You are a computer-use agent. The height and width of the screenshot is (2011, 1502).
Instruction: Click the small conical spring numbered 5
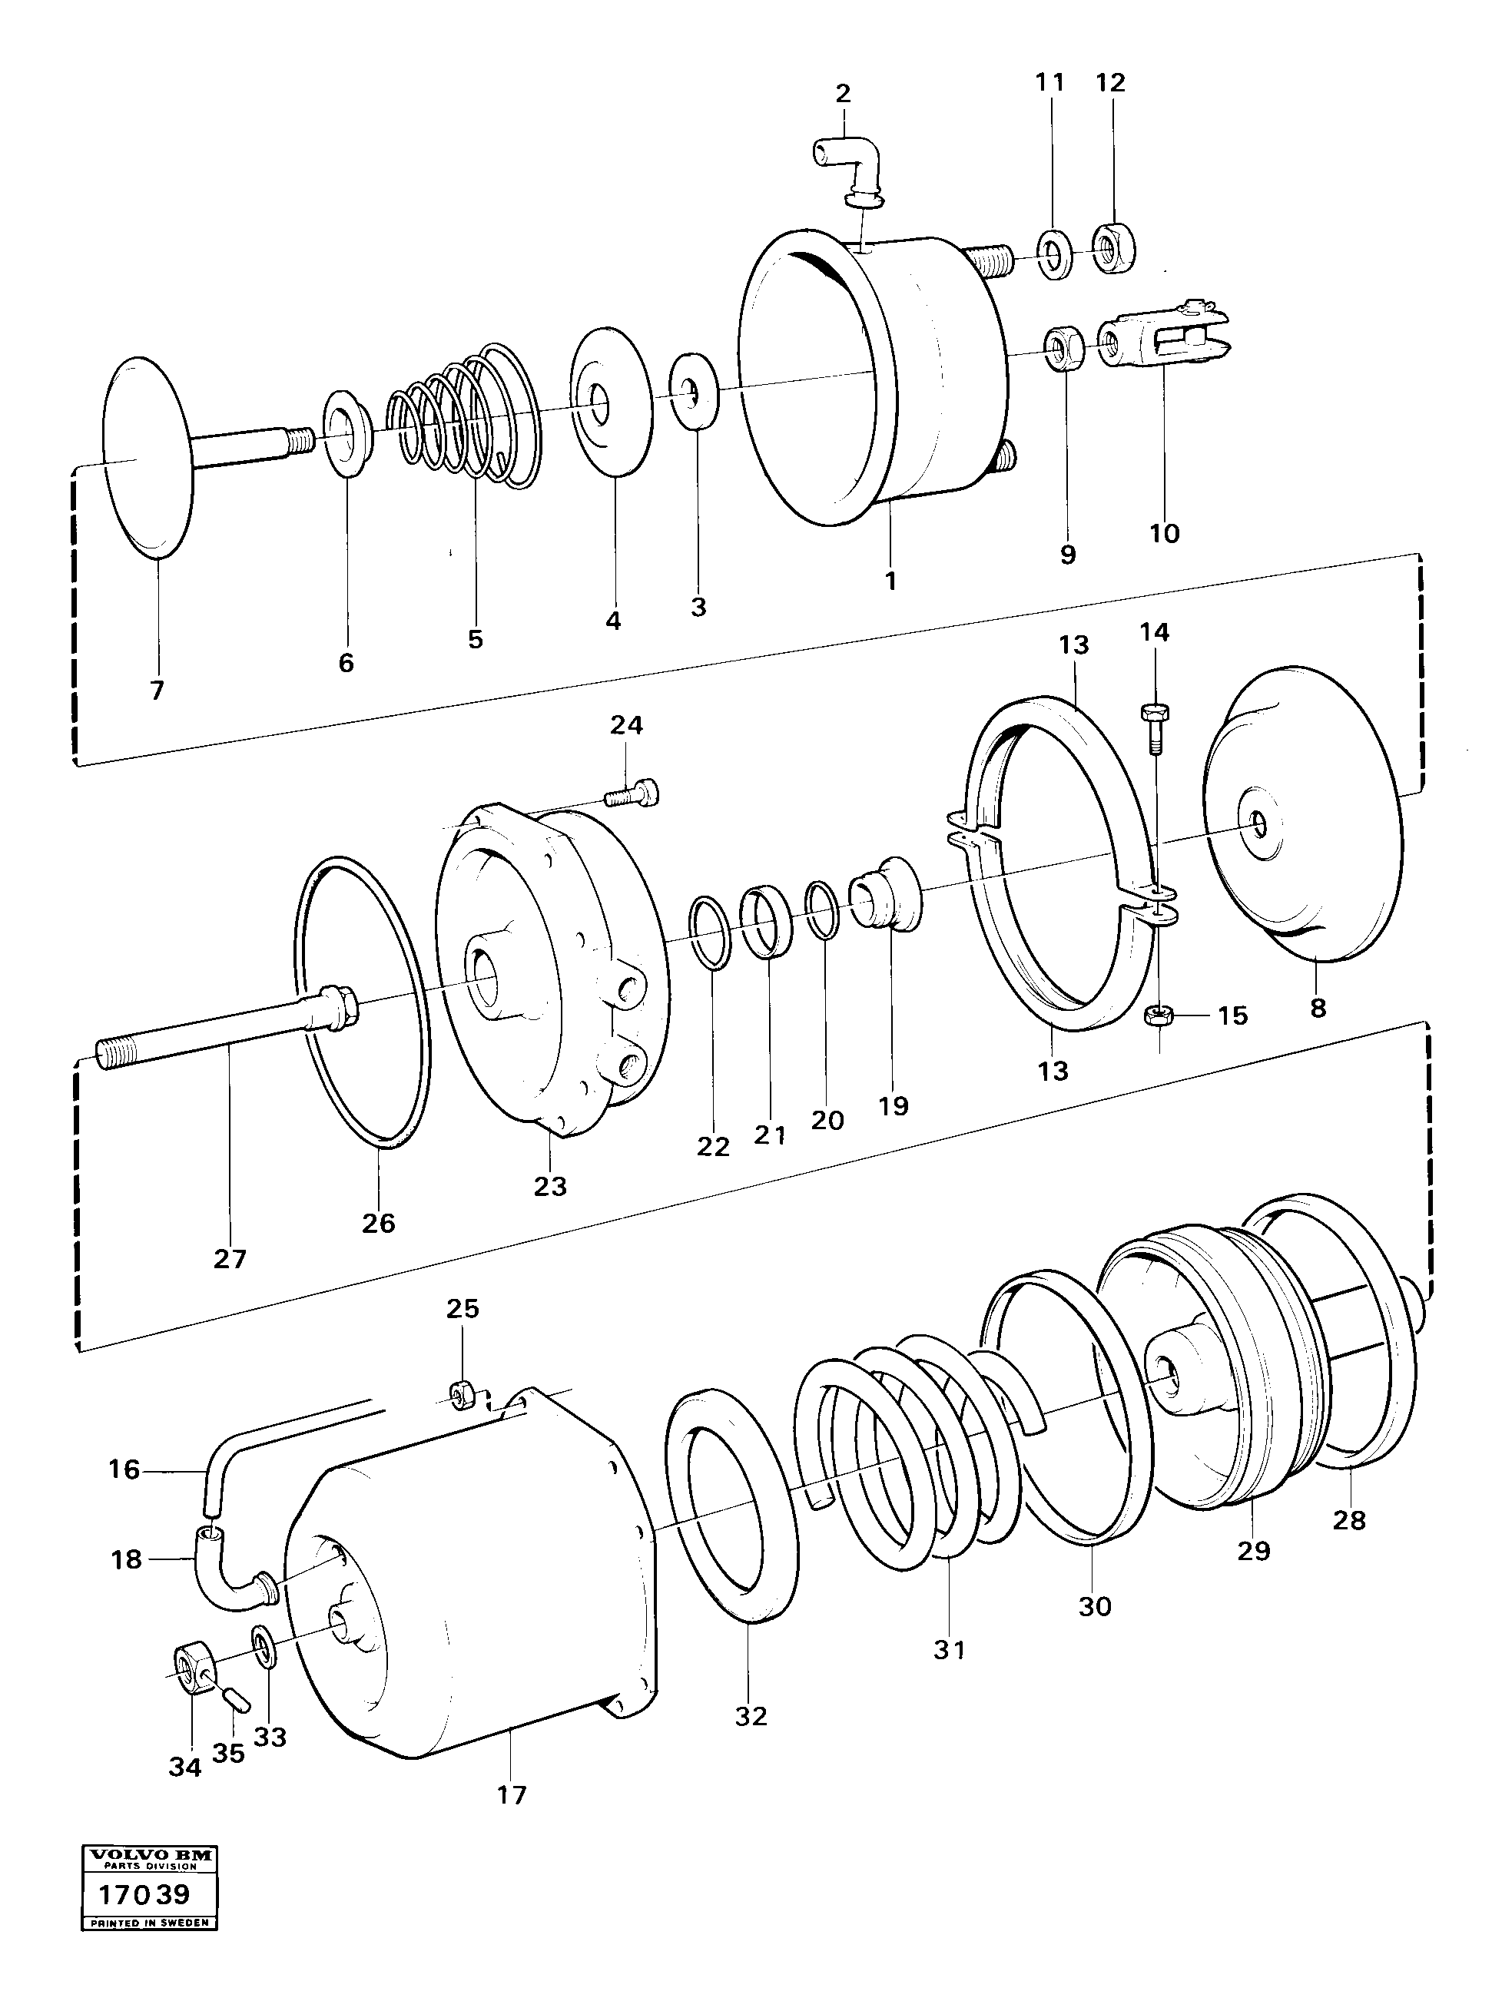pyautogui.click(x=464, y=416)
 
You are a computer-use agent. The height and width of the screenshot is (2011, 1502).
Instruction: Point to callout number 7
pyautogui.click(x=157, y=691)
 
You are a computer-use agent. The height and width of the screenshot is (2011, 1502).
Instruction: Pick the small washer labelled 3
pyautogui.click(x=694, y=393)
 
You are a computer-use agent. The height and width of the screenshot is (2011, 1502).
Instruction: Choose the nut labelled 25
pyautogui.click(x=461, y=1391)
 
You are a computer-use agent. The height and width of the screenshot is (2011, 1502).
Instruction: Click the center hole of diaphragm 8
pyautogui.click(x=1259, y=824)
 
